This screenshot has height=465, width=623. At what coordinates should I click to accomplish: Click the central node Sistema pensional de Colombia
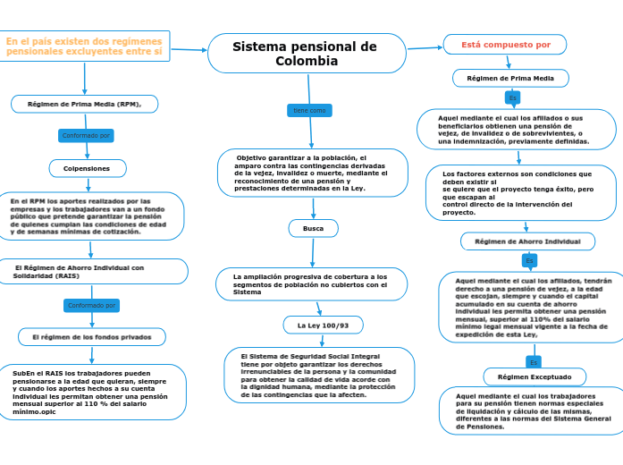[x=306, y=54]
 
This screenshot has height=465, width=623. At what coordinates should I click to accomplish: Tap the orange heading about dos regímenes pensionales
[x=84, y=46]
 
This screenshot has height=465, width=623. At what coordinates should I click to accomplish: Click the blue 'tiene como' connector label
[x=310, y=110]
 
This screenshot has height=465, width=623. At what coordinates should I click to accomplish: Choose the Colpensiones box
[x=87, y=168]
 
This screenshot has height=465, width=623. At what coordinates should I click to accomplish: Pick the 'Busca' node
[x=314, y=229]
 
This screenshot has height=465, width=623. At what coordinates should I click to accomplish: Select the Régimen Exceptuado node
[x=535, y=376]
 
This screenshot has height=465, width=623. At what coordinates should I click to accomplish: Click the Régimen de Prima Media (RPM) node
[x=85, y=104]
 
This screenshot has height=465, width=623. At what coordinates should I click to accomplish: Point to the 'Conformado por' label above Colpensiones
[x=86, y=136]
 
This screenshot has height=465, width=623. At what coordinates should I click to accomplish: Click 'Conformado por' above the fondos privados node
[x=92, y=305]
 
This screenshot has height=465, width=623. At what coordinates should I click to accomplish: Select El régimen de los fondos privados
[x=92, y=337]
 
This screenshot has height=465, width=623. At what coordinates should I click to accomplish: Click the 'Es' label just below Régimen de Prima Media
[x=512, y=97]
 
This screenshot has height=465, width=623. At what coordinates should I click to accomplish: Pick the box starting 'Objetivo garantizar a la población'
[x=312, y=173]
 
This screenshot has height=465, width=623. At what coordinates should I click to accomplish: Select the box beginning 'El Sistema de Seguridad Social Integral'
[x=319, y=375]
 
